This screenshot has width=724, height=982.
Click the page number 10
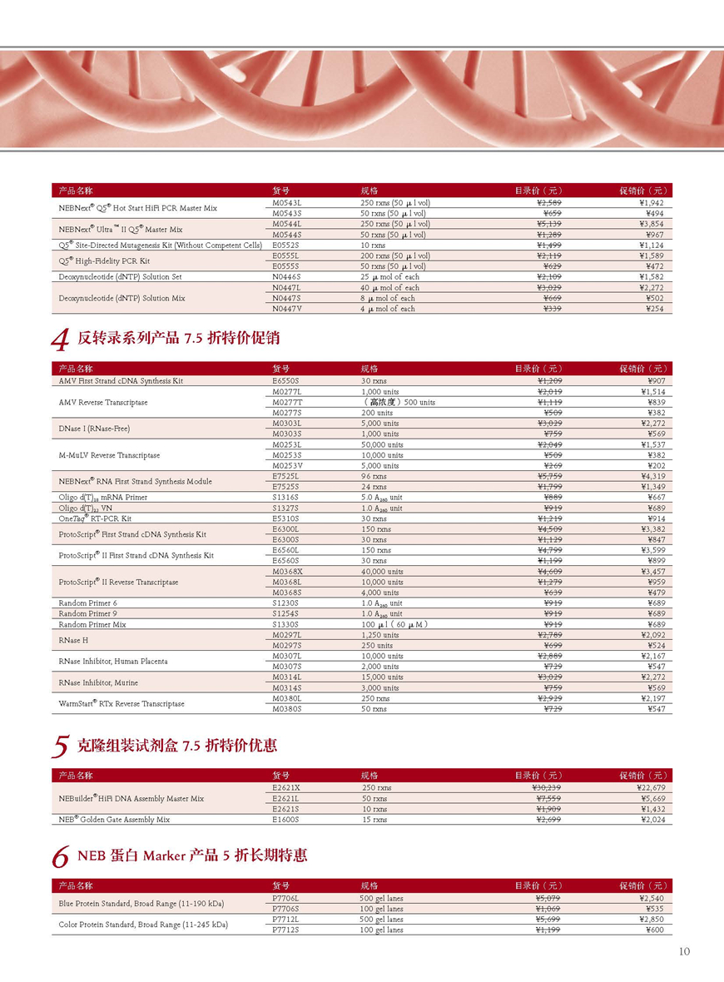[684, 952]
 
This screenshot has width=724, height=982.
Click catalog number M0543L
[286, 203]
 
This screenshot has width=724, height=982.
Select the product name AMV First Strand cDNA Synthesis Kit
[121, 381]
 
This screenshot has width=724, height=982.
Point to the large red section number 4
[59, 340]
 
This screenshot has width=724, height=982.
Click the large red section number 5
[59, 746]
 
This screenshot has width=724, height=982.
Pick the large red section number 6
[59, 857]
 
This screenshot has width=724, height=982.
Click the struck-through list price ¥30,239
[546, 787]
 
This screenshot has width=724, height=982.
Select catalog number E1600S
[285, 820]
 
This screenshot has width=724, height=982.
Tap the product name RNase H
[74, 640]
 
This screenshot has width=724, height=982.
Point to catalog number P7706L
[285, 898]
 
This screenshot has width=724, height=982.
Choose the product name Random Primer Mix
[92, 624]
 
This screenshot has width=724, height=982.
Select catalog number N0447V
[286, 309]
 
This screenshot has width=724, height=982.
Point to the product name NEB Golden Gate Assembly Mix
[114, 820]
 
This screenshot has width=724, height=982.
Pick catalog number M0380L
[286, 698]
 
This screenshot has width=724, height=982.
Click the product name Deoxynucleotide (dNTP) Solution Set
[120, 277]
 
